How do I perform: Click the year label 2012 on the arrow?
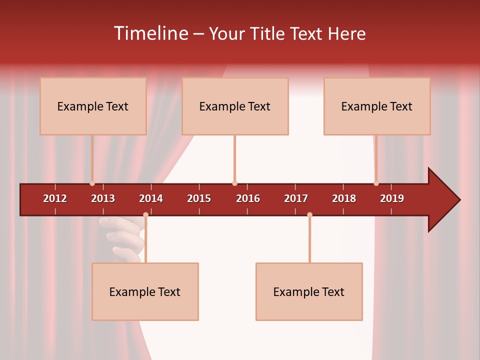[x=55, y=198]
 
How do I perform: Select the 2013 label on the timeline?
[x=103, y=198]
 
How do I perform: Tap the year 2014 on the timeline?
[x=151, y=198]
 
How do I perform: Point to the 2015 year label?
[x=199, y=198]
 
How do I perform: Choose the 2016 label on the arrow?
[x=248, y=198]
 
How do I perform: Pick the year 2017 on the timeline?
[x=296, y=198]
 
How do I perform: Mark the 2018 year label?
[x=344, y=198]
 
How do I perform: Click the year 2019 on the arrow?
[x=392, y=198]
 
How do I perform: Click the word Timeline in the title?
[x=150, y=33]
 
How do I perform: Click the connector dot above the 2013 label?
[x=92, y=183]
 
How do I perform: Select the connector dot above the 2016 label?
[x=234, y=183]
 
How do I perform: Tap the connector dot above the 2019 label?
[x=376, y=183]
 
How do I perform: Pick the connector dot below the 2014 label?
[x=145, y=214]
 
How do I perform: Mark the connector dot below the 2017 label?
[x=309, y=214]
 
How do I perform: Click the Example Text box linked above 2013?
[x=93, y=106]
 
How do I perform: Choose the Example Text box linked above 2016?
[x=235, y=106]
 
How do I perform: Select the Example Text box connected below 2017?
[x=309, y=291]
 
